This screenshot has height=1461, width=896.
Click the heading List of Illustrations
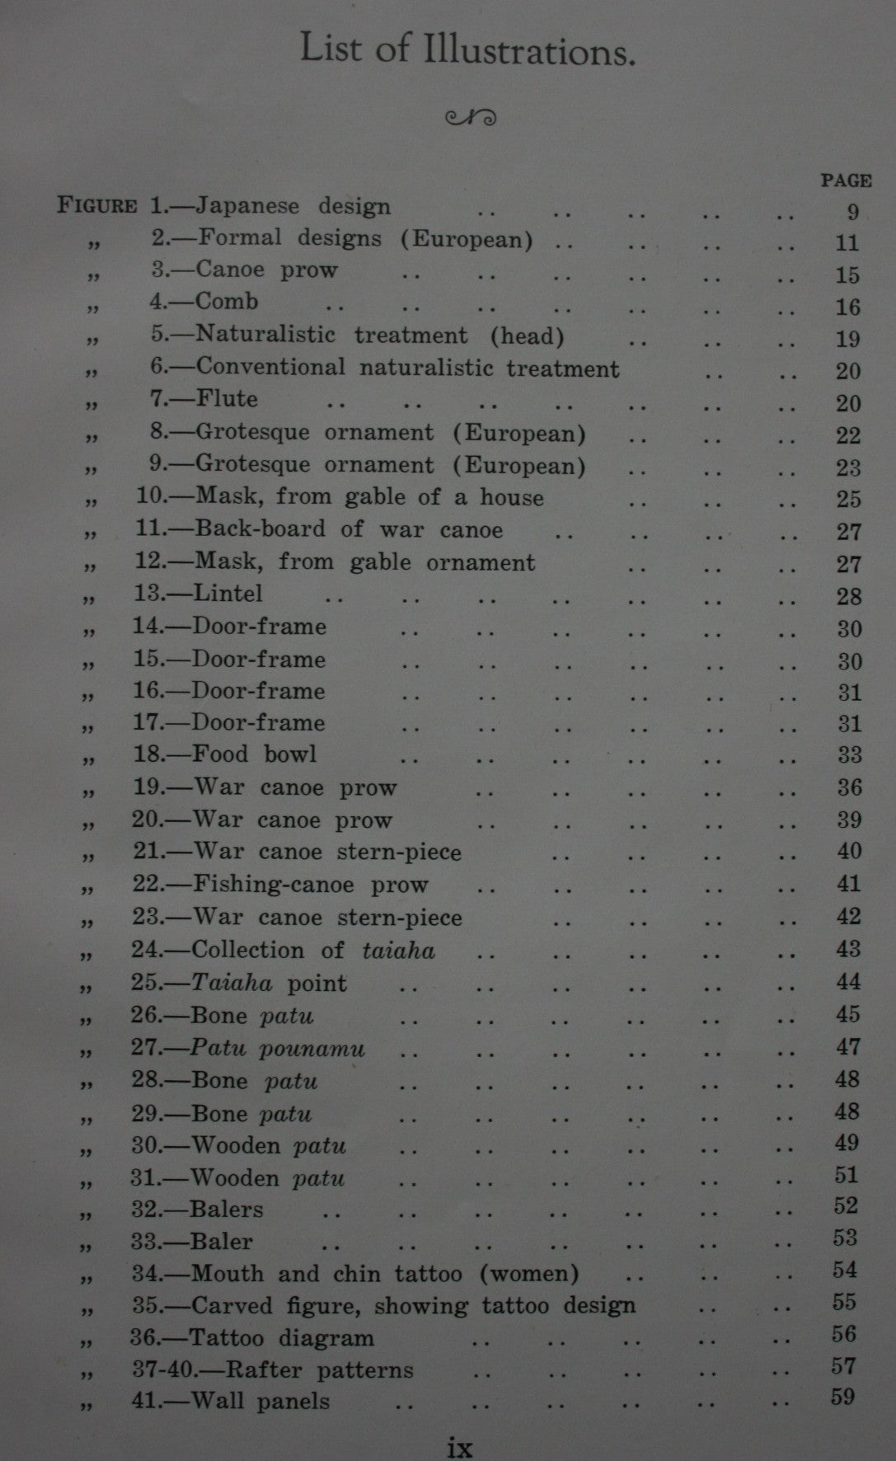coord(467,50)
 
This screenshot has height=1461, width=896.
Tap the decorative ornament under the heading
coord(471,118)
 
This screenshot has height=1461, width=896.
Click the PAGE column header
coord(846,181)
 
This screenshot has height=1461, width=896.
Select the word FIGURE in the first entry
coord(96,205)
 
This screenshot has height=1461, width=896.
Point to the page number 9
coord(852,213)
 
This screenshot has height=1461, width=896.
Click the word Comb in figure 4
coord(227,302)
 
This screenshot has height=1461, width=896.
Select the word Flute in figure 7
coord(227,400)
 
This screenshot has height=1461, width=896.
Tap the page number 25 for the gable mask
coord(848,500)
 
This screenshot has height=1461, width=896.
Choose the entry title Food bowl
coord(255,755)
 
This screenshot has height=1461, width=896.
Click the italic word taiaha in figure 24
coord(398,951)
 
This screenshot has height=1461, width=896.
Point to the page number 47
coord(848,1048)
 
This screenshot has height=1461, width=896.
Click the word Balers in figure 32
coord(227,1210)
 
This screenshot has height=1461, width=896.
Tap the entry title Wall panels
coord(260,1402)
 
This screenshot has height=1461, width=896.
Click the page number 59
coord(843,1398)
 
